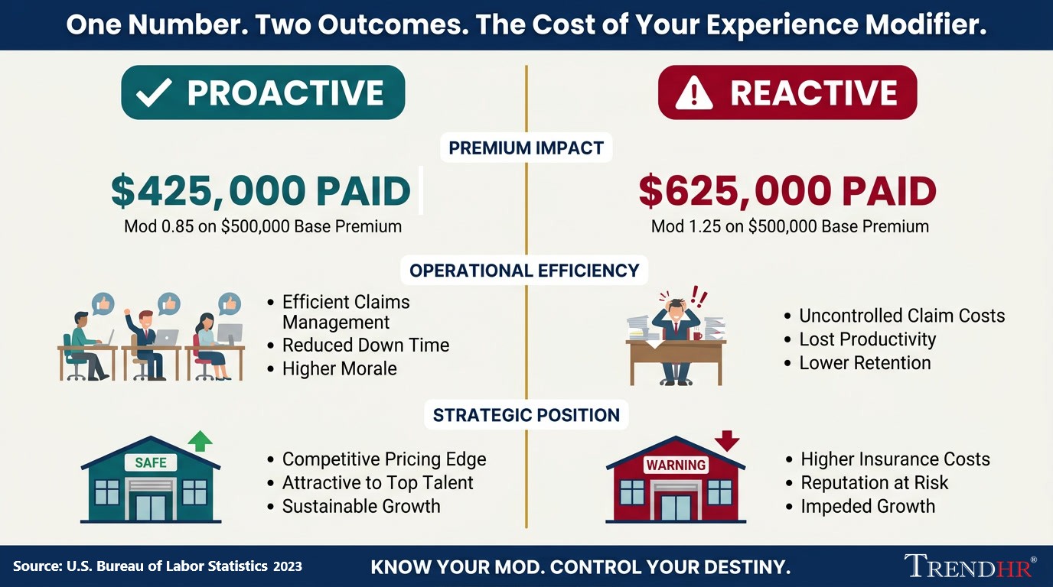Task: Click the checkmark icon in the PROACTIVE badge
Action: (x=154, y=92)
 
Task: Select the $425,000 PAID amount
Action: (x=261, y=191)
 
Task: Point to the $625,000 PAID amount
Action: (x=787, y=191)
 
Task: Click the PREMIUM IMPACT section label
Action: (x=526, y=148)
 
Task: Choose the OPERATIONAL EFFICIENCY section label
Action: (x=524, y=271)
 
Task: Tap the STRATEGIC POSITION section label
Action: (x=526, y=415)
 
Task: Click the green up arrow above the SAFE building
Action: (x=200, y=441)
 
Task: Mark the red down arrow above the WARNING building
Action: (x=727, y=441)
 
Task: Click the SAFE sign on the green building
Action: (x=150, y=462)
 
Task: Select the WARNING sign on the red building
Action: (x=676, y=465)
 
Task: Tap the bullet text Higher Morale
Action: (x=339, y=368)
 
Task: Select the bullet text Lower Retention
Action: (x=865, y=363)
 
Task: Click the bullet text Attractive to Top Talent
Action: (x=377, y=483)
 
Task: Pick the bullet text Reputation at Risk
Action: (x=874, y=483)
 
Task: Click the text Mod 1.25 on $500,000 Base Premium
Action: (x=790, y=226)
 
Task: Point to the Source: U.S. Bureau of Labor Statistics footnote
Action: (x=158, y=566)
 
